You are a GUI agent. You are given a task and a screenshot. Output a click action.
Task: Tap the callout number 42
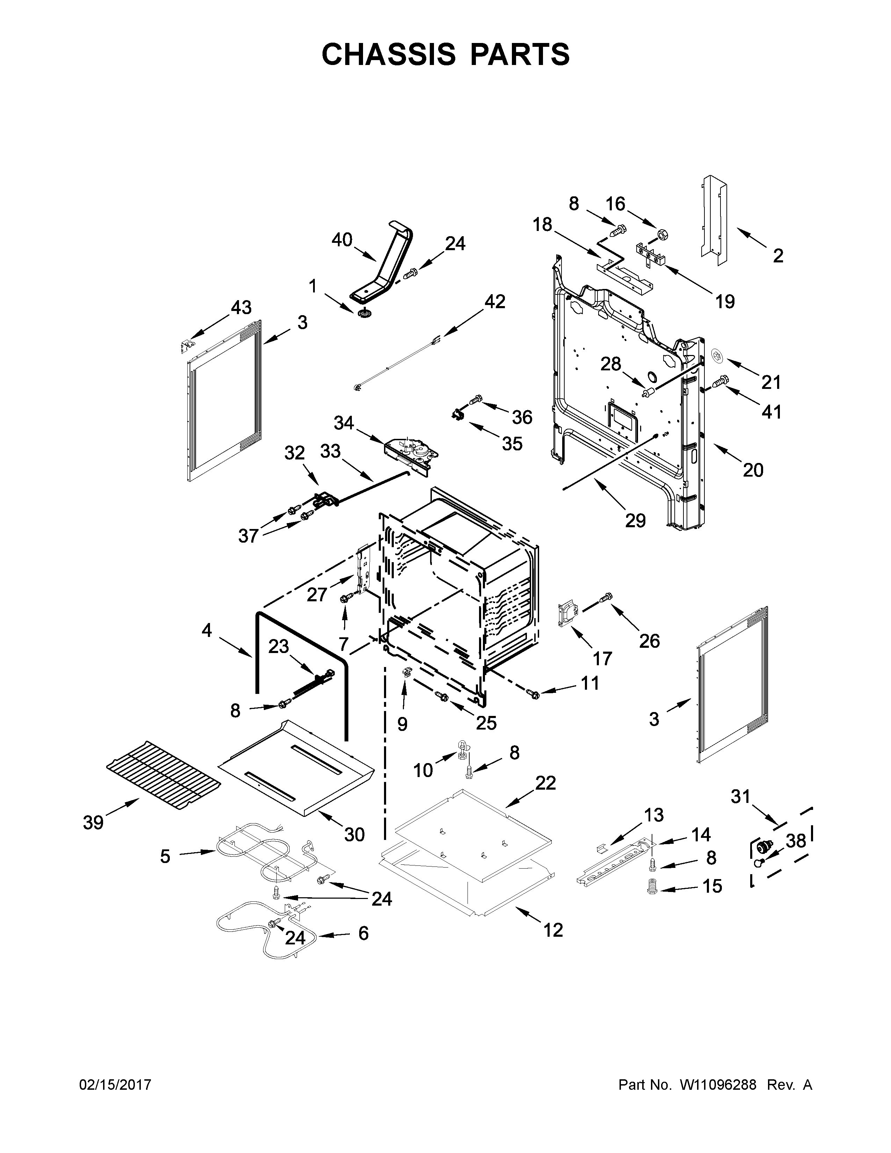[494, 302]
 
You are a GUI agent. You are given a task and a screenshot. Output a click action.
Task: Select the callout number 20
[753, 470]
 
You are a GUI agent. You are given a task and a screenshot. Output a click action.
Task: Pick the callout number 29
[636, 521]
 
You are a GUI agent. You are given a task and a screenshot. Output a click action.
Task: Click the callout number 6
[363, 933]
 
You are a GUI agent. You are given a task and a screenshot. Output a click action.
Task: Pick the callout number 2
[778, 256]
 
